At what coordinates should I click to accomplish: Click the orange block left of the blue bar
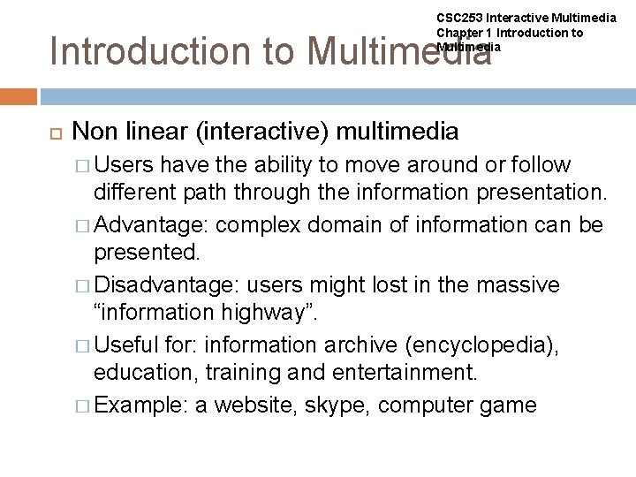[x=18, y=96]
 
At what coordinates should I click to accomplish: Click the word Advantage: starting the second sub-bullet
[x=151, y=225]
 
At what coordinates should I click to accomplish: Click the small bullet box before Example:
[x=82, y=406]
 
